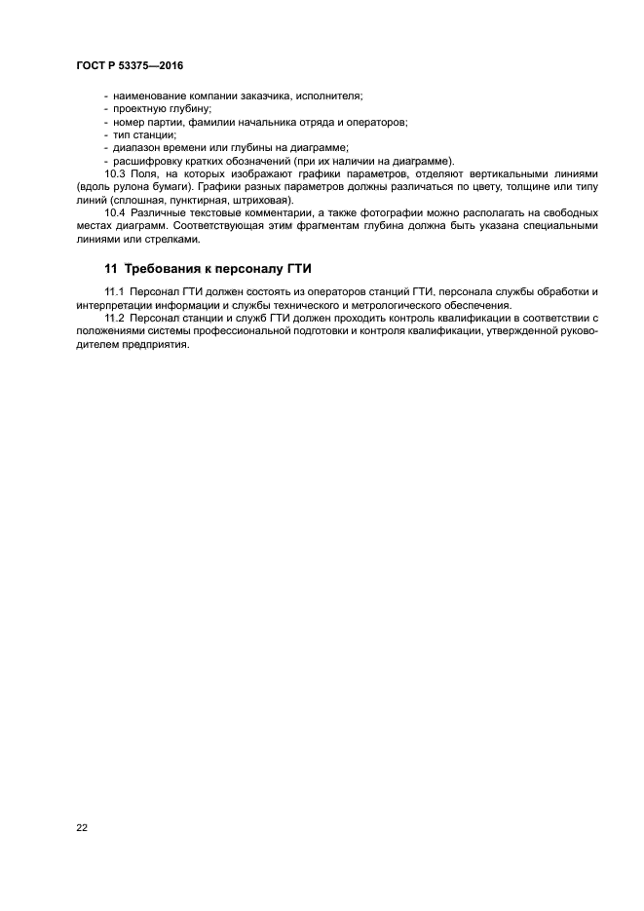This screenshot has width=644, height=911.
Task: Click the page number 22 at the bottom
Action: click(82, 827)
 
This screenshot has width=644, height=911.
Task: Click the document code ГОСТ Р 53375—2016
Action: click(129, 65)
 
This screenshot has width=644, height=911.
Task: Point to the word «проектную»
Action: click(139, 110)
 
